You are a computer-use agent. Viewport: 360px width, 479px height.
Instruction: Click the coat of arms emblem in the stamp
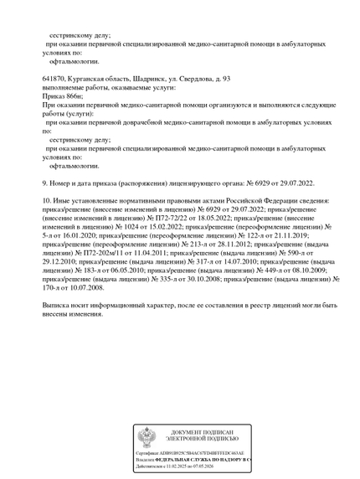[x=145, y=436]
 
